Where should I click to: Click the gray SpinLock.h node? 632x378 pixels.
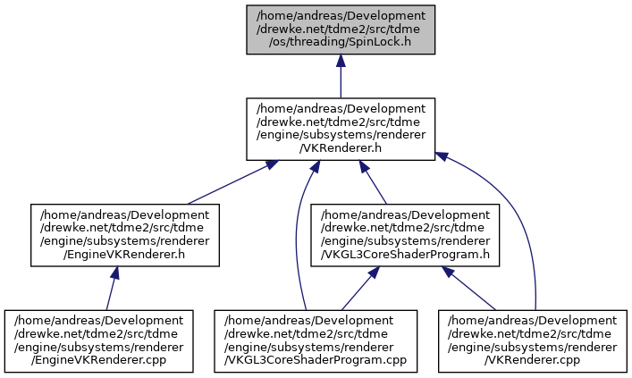tap(341, 29)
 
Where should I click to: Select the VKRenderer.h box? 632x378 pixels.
tap(341, 129)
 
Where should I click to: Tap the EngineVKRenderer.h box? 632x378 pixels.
tap(125, 235)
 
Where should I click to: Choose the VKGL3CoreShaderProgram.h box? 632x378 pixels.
tap(405, 235)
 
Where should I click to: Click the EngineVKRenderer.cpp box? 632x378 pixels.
tap(99, 341)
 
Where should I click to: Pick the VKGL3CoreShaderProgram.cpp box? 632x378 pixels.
tap(316, 341)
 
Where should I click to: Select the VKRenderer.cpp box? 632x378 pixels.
tap(533, 341)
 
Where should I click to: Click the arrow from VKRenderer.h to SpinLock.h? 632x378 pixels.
tap(341, 76)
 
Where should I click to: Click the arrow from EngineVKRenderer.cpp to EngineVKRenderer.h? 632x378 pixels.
tap(111, 288)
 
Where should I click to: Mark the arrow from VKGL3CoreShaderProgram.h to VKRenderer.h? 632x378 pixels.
tap(373, 182)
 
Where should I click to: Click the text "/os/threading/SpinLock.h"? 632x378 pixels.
tap(341, 42)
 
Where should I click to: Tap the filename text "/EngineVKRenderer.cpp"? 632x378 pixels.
tap(99, 360)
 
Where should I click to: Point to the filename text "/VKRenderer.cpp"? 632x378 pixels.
tap(533, 360)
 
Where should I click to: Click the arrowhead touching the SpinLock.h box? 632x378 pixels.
tap(341, 60)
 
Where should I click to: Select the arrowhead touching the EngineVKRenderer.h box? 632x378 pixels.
tap(115, 273)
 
